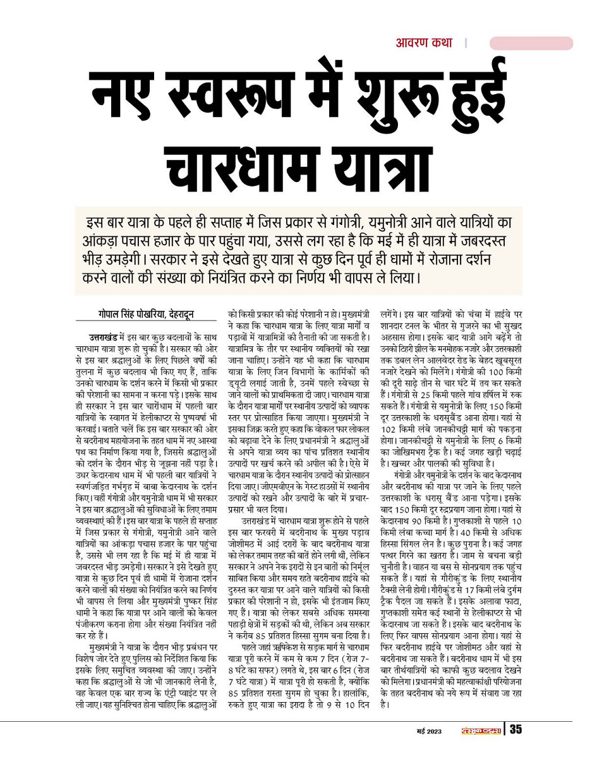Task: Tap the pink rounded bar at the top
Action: pos(531,43)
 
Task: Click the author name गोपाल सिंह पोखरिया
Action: pos(128,313)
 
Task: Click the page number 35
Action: pos(516,730)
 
